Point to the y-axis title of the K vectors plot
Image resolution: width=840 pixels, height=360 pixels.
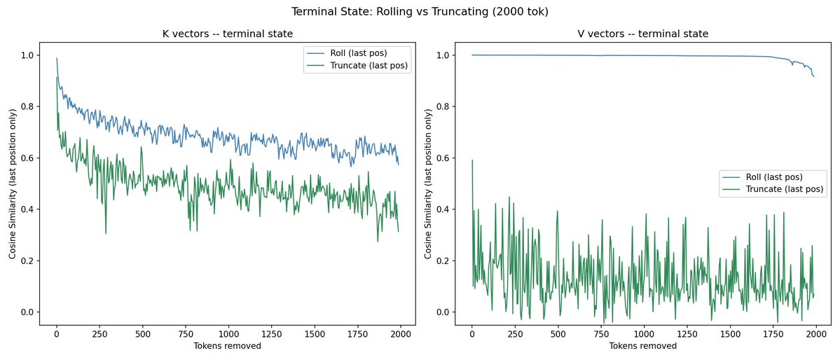click(13, 184)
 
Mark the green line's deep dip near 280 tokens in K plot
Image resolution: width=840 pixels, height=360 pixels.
click(105, 233)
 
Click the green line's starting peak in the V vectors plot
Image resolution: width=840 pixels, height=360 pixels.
click(472, 160)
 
